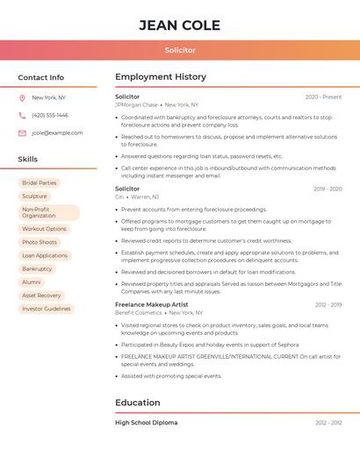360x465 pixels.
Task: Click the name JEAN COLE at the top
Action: tap(179, 25)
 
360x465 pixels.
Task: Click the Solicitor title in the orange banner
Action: tap(179, 50)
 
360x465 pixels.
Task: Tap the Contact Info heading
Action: tap(40, 77)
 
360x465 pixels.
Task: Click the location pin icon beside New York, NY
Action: tap(22, 98)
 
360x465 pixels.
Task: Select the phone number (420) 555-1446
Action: tap(50, 115)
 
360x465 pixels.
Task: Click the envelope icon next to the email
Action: tap(22, 133)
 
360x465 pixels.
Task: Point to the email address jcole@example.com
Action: tap(57, 133)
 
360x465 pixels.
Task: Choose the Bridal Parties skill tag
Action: tap(40, 183)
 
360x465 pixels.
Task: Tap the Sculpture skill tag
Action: tap(35, 197)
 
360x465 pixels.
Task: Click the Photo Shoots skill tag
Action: tap(40, 242)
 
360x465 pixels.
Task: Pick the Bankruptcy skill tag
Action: tap(37, 268)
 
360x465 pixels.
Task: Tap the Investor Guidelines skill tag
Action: tap(47, 309)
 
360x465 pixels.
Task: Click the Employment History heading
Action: tap(161, 77)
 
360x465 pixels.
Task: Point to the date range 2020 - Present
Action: tap(323, 97)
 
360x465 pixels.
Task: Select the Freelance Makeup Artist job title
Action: tap(151, 304)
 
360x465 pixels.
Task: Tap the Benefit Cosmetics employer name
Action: tap(139, 312)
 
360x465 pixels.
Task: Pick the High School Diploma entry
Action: tap(146, 423)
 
